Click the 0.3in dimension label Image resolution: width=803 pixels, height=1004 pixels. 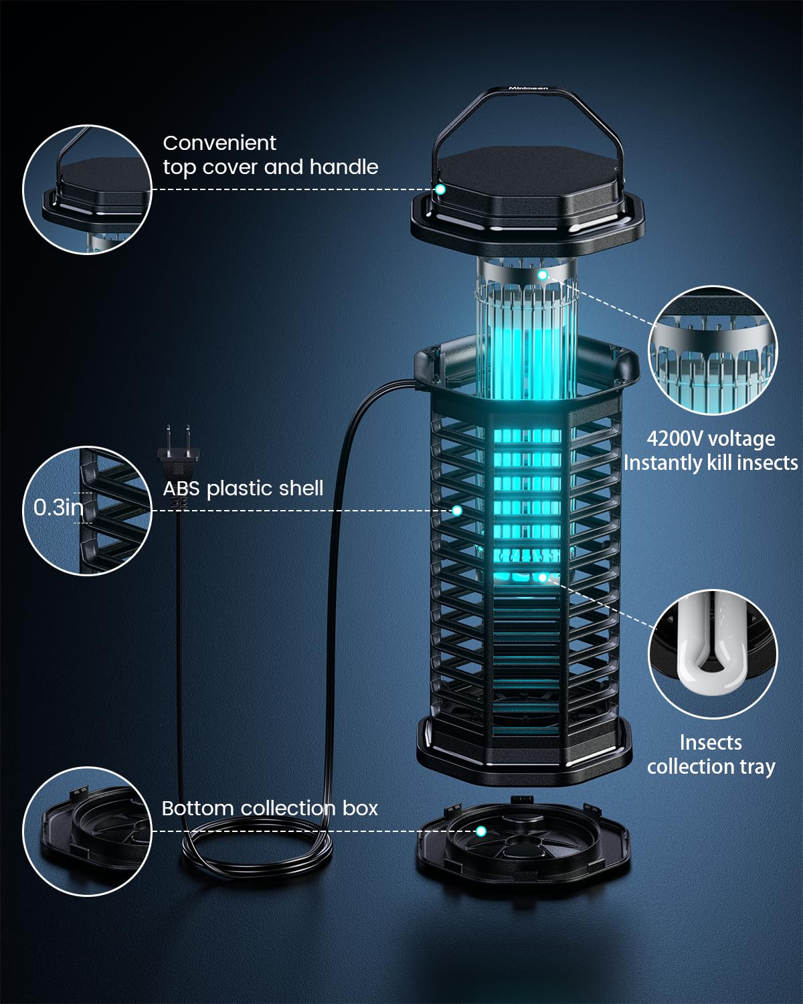[x=58, y=507]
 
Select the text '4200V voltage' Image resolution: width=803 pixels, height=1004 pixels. [x=711, y=439]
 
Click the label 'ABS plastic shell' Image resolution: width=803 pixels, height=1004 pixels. [x=243, y=488]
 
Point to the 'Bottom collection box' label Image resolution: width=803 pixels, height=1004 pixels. [x=270, y=808]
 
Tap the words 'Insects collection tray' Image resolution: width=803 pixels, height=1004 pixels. [x=711, y=754]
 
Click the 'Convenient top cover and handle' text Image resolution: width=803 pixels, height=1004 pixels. [x=270, y=155]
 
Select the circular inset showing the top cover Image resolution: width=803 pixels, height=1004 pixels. [x=88, y=189]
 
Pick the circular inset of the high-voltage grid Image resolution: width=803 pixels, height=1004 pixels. [x=713, y=351]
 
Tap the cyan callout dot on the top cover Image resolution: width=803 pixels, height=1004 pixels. [x=440, y=189]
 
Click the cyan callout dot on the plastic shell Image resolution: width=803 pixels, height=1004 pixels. [x=457, y=510]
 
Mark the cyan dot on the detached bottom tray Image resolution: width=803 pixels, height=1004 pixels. [x=480, y=831]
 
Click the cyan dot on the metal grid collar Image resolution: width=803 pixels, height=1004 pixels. [x=543, y=274]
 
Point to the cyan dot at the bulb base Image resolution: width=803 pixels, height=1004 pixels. [x=543, y=576]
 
